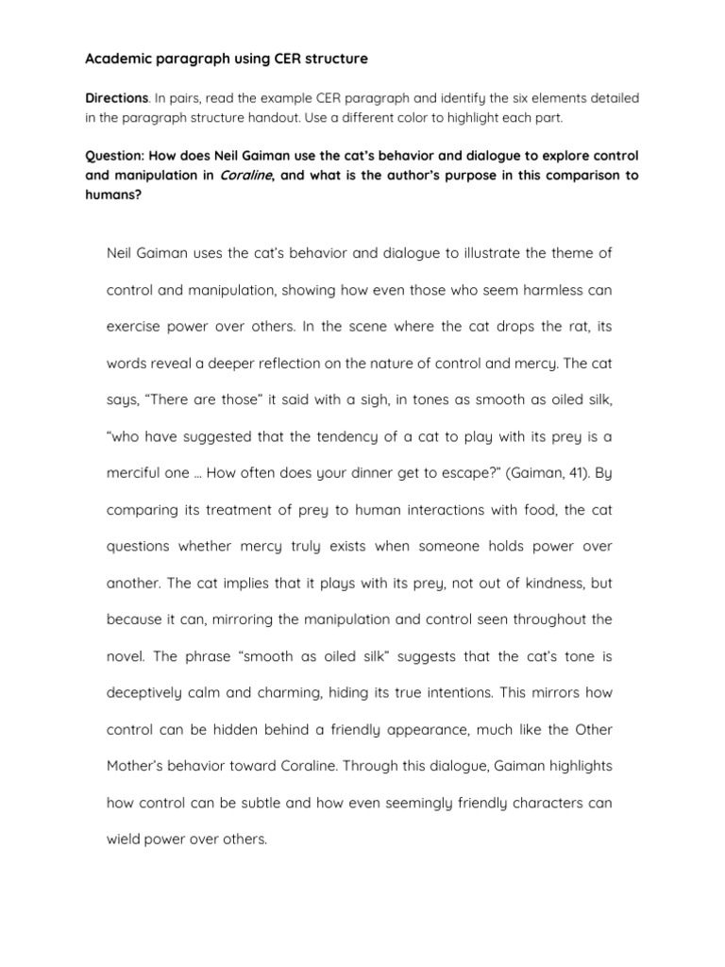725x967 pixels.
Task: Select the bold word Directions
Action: pyautogui.click(x=116, y=98)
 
